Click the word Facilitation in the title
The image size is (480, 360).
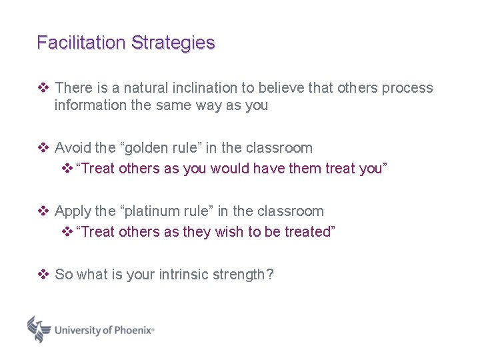[81, 43]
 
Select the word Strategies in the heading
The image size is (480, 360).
[173, 43]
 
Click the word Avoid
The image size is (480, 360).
[73, 148]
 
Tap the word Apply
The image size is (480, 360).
[73, 212]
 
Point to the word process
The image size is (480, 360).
[407, 88]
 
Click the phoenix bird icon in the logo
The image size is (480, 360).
[39, 329]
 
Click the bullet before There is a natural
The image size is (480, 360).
[43, 88]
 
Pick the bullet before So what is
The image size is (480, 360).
[43, 275]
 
